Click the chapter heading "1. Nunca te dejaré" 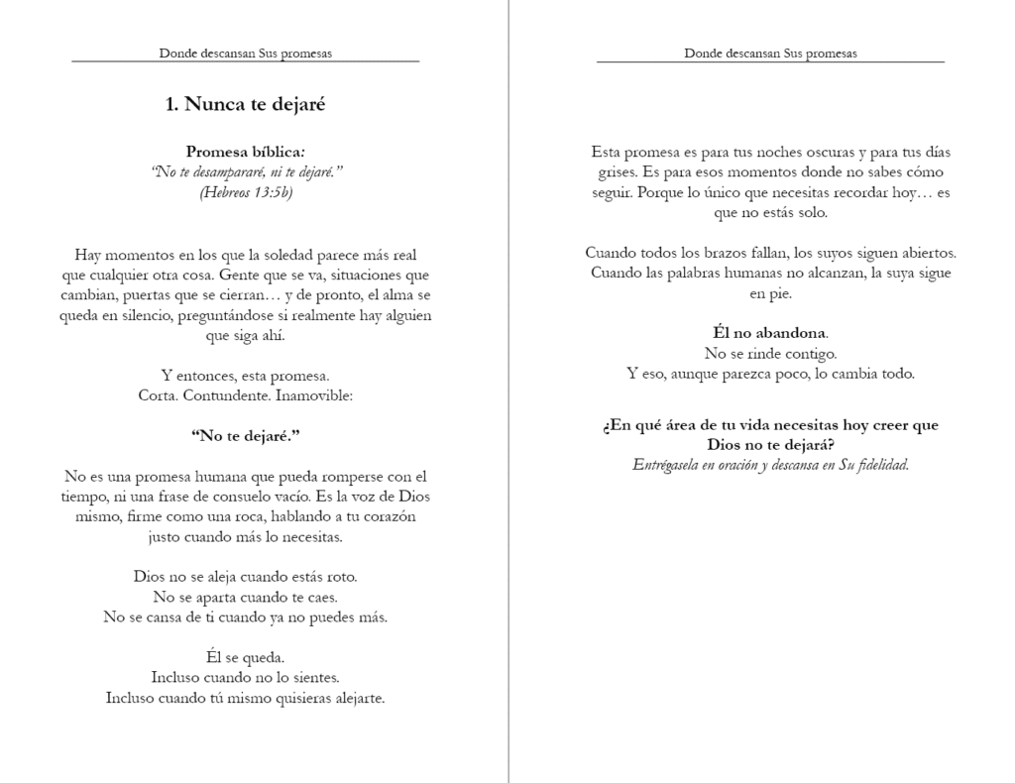coord(245,104)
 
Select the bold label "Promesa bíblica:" coord(245,153)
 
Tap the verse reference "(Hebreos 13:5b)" coord(245,192)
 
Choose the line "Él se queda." coord(245,657)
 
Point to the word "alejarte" coord(356,698)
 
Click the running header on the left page coord(245,54)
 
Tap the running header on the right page coord(770,54)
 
